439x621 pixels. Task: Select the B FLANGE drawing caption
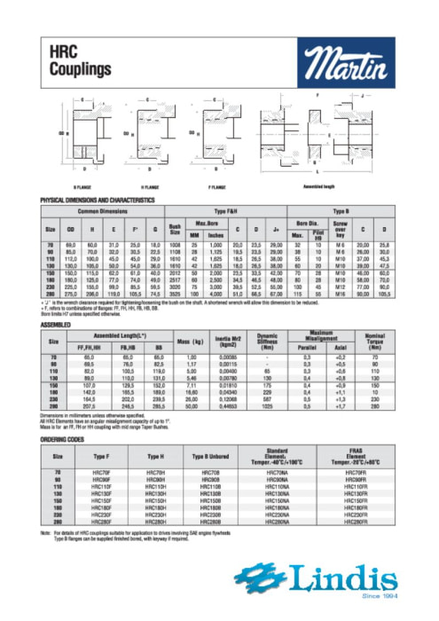point(86,188)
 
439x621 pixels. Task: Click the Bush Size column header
point(176,226)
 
